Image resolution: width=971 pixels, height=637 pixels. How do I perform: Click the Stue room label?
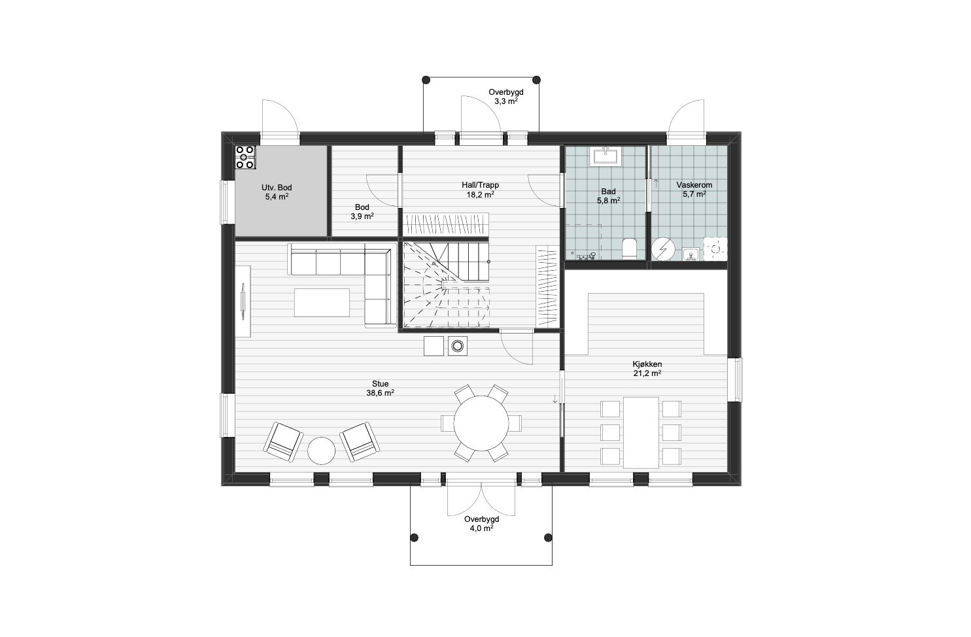(x=380, y=388)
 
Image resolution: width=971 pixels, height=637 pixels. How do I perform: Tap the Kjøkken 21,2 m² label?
(x=647, y=369)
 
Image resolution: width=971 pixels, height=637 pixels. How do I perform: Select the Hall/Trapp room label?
(x=481, y=190)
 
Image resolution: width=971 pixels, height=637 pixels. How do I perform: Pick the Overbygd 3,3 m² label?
(x=506, y=97)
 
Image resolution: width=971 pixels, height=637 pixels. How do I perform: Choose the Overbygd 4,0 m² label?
(x=482, y=524)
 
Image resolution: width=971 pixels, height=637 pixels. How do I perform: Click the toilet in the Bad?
(x=628, y=249)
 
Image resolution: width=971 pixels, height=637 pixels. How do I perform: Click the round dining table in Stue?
(x=481, y=423)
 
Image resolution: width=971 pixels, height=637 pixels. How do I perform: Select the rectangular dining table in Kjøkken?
(x=641, y=432)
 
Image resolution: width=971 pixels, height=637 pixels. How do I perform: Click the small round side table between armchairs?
(x=321, y=451)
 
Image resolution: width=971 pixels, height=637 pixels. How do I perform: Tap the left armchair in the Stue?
(x=283, y=441)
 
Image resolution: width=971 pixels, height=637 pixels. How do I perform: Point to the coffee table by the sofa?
(x=322, y=303)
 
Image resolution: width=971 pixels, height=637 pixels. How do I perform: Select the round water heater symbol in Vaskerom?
(x=664, y=249)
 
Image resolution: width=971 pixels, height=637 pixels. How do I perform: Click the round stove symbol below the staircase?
(x=458, y=346)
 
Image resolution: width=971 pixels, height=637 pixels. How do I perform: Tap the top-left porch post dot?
(x=426, y=80)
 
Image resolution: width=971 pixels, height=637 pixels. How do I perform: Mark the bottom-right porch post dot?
(x=548, y=538)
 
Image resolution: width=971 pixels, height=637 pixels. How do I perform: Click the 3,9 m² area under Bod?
(x=362, y=216)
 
